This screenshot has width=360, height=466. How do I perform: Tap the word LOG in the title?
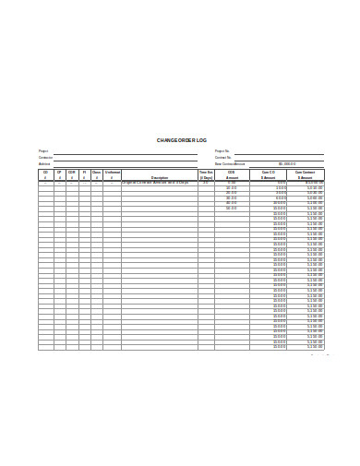tap(202, 139)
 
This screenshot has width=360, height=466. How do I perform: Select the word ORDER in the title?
tap(186, 139)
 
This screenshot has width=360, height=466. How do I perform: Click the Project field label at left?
tap(43, 151)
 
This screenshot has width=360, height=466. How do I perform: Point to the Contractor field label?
tap(45, 158)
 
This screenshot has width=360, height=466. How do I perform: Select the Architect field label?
tap(44, 164)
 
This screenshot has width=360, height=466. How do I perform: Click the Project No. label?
tap(222, 151)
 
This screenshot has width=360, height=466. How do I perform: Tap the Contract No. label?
tap(223, 158)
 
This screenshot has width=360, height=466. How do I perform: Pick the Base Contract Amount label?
tap(230, 164)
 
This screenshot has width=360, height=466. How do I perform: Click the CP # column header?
tap(59, 174)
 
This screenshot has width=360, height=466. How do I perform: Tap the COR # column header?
tap(72, 174)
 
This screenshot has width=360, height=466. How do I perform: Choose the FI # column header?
tap(84, 174)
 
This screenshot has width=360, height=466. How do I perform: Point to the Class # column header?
tap(96, 174)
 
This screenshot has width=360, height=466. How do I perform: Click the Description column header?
tap(159, 178)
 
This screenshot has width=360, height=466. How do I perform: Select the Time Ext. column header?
tap(206, 174)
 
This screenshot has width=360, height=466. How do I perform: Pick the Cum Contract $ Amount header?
tap(305, 174)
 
